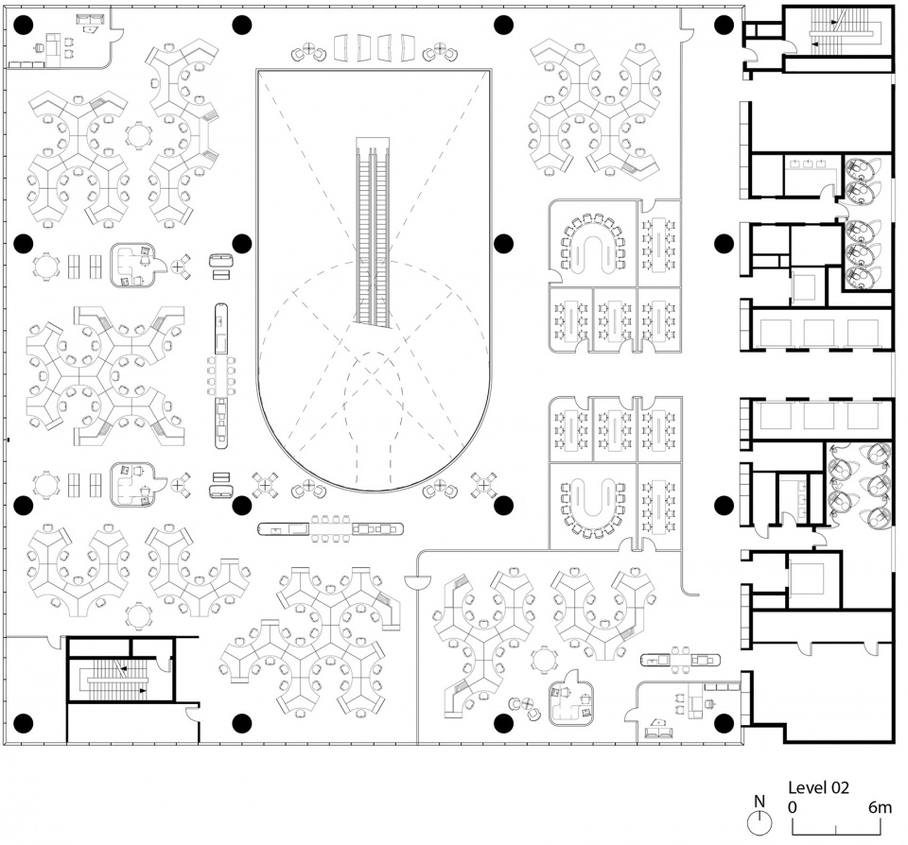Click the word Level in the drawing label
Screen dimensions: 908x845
click(807, 787)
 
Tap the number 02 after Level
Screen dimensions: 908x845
click(840, 787)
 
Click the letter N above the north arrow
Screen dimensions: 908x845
click(760, 801)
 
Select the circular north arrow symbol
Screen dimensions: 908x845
click(760, 822)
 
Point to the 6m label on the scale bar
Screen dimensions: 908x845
click(881, 807)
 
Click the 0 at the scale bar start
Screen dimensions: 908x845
click(793, 807)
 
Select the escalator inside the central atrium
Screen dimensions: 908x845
click(373, 233)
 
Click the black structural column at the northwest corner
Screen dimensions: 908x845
click(23, 25)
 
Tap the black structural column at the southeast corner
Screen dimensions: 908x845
click(724, 722)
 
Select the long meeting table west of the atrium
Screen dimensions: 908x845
click(221, 376)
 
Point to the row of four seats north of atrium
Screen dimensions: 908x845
click(375, 47)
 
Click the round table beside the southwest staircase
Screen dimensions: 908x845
click(138, 616)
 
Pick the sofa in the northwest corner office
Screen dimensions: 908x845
click(90, 20)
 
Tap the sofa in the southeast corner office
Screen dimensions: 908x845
click(660, 733)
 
